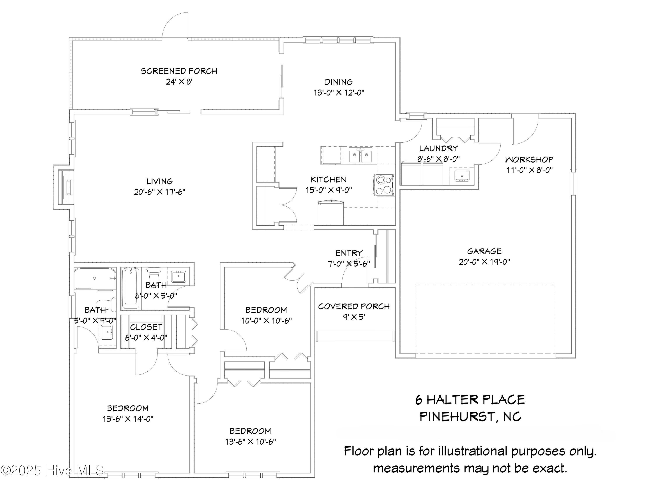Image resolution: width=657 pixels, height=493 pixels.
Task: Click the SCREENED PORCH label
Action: point(179,71)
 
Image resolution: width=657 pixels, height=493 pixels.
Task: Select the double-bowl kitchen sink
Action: point(360,155)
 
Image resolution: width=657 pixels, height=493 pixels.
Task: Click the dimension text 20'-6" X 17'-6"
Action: point(159,192)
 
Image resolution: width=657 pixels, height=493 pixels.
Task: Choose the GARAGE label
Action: point(484,251)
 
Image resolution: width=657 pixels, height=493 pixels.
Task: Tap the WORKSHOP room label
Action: point(529,160)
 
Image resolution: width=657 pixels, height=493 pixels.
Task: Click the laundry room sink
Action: point(462,176)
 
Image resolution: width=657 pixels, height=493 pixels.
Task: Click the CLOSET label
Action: point(146,327)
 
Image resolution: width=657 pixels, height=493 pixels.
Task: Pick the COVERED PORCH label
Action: point(354,306)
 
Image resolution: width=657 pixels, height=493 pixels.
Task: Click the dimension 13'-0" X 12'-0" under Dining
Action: point(339,93)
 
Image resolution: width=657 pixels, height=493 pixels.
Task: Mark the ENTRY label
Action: point(349,253)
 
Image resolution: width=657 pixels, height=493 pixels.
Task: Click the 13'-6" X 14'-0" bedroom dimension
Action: point(128,419)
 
